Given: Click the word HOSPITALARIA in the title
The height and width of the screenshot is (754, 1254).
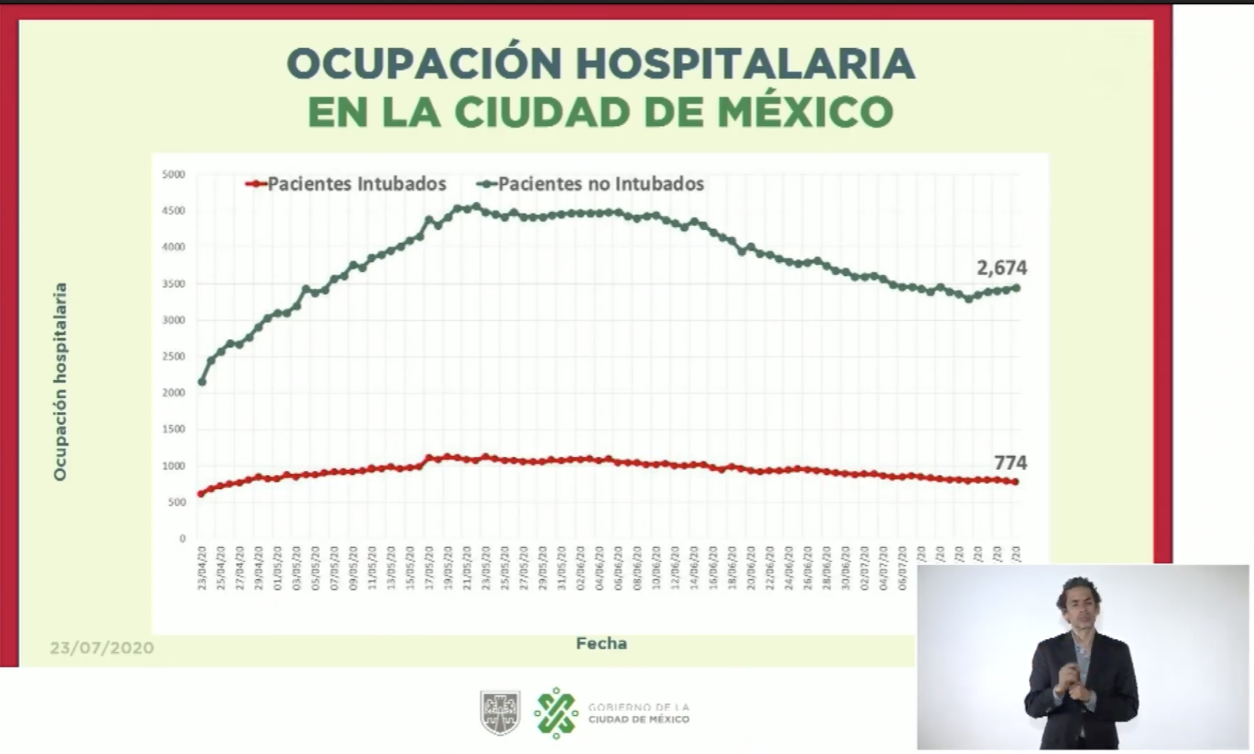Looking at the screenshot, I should pos(745,64).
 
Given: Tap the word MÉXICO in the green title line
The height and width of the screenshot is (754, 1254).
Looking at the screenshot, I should pos(805,112).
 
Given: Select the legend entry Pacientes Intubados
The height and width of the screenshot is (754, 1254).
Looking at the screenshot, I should pos(356,183).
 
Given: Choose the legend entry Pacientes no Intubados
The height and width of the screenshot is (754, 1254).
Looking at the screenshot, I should pos(600,183).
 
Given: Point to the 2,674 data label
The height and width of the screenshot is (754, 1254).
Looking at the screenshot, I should pos(1001,268).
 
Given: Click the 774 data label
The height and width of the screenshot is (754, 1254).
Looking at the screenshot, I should pos(1010,463).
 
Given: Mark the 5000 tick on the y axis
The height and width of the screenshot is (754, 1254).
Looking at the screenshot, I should pos(173,175).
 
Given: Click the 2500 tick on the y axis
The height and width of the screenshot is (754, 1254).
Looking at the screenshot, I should pos(173,356).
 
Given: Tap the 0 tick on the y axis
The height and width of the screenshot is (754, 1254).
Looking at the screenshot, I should pos(182,538).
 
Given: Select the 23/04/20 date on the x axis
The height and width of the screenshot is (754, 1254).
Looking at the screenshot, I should pos(202,568).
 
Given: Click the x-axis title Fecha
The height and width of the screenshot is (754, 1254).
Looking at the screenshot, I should pos(601,644).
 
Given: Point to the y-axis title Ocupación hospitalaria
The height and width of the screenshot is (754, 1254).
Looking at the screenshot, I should pos(60,382).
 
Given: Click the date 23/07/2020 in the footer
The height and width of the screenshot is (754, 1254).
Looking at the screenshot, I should pos(102,648).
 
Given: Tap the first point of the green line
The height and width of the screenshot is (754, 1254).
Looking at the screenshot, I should pos(202,382).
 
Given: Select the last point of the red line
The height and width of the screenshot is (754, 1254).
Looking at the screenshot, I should pos(1016,481).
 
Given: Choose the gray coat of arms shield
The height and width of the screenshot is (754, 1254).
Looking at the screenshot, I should pos(500,712).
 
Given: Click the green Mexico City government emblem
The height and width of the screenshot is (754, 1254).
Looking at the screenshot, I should pos(556,712).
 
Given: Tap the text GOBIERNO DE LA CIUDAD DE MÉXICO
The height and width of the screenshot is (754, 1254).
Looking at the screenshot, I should pos(638,713).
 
